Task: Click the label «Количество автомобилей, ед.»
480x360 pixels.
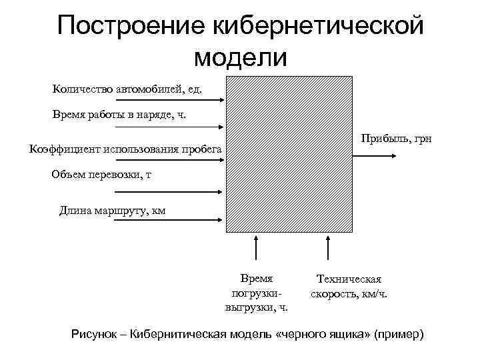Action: (x=127, y=88)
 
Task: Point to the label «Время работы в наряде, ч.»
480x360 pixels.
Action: (x=120, y=115)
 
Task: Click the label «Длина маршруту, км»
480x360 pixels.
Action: (x=112, y=211)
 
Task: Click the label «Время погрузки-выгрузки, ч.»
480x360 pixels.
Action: (x=257, y=293)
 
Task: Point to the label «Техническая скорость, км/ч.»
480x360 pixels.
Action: (x=349, y=287)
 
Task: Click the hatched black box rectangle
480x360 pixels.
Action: (x=289, y=153)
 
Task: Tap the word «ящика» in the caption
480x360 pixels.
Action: (x=347, y=333)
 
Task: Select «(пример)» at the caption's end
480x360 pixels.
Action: (x=401, y=333)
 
